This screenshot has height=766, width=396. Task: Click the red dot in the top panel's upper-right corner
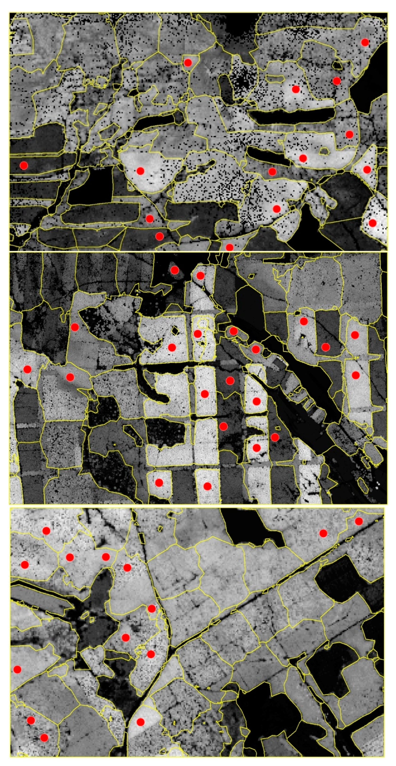click(365, 42)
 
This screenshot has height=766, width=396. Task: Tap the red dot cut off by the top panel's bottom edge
click(229, 247)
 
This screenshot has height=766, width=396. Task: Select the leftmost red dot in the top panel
click(24, 165)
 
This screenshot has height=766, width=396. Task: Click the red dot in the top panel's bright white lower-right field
click(372, 223)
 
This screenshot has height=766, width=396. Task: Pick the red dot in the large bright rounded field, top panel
click(140, 171)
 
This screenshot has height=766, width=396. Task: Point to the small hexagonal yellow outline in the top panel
click(324, 151)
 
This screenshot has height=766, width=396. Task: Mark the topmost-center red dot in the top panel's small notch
click(187, 62)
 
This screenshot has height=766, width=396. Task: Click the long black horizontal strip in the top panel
click(291, 116)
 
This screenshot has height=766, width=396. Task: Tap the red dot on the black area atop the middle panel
click(175, 270)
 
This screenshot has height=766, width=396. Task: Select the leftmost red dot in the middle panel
click(27, 369)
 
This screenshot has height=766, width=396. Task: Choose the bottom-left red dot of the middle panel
click(159, 483)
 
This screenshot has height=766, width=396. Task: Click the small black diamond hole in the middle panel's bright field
click(176, 330)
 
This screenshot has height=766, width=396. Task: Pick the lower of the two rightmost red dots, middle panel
click(356, 375)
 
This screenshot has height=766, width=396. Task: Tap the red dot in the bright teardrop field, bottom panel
click(141, 722)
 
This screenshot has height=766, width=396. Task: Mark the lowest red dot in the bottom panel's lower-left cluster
click(44, 738)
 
